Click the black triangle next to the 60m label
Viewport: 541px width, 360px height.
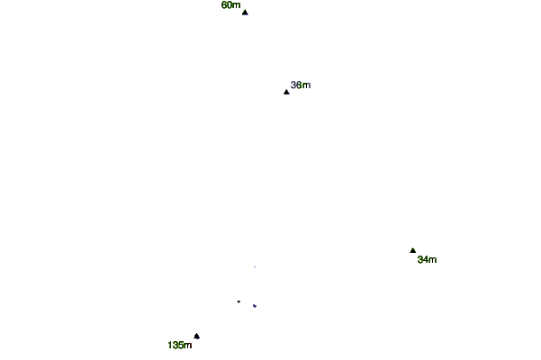point(245,12)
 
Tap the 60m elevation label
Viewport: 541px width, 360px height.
point(230,5)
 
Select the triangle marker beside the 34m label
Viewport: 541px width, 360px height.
point(413,250)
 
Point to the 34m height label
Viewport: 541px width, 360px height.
point(427,260)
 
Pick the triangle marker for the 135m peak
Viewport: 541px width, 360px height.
point(196,336)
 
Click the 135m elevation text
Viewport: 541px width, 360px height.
point(179,345)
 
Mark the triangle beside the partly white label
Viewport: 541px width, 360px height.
point(286,92)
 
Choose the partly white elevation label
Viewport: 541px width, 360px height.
point(300,85)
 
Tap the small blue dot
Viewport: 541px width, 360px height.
point(254,306)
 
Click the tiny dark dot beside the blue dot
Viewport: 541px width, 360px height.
point(239,301)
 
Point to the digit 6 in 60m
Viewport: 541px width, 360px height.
point(224,5)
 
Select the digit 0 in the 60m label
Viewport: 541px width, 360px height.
point(230,5)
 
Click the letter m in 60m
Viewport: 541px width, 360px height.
point(237,5)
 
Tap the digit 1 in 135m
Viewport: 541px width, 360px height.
point(170,345)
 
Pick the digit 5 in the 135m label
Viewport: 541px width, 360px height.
point(181,345)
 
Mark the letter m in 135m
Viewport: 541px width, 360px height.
point(187,345)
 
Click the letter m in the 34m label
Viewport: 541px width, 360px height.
point(433,260)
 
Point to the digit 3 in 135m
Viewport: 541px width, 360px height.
point(176,345)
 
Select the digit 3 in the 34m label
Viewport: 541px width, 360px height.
point(420,260)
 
